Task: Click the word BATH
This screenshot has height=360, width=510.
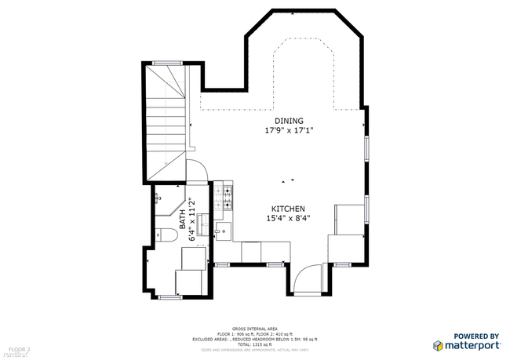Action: click(182, 219)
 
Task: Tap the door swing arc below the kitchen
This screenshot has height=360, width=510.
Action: click(308, 278)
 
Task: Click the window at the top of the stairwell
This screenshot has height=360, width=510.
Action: click(167, 62)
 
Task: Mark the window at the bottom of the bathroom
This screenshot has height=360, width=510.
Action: click(170, 297)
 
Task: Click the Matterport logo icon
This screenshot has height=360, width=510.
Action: click(439, 344)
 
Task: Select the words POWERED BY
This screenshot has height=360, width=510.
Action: click(476, 336)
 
